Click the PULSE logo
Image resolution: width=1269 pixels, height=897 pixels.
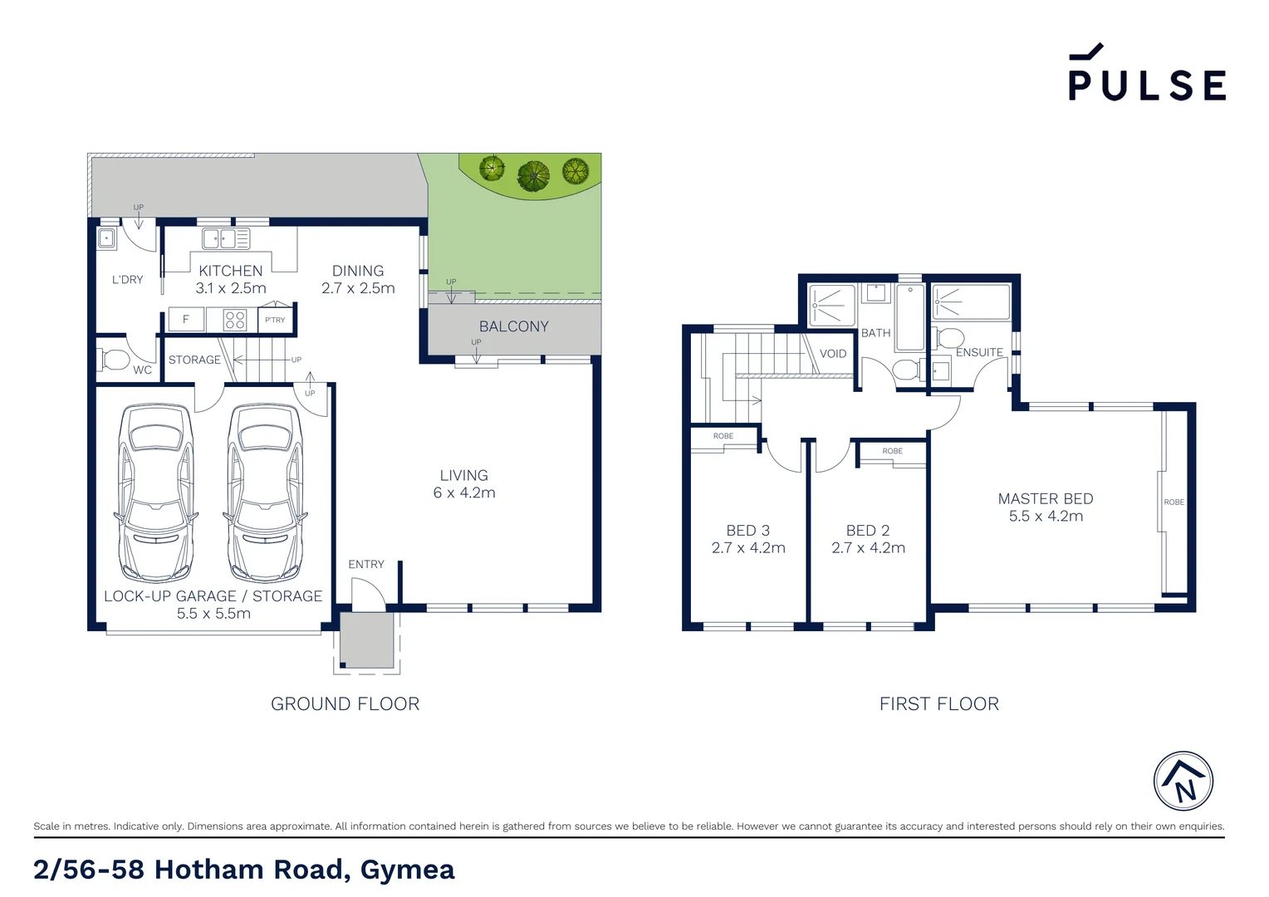pyautogui.click(x=1146, y=75)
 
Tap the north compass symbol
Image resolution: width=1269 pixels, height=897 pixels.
pyautogui.click(x=1183, y=782)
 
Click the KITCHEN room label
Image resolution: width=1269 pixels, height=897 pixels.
pyautogui.click(x=230, y=271)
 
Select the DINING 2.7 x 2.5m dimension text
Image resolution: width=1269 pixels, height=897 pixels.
pyautogui.click(x=358, y=288)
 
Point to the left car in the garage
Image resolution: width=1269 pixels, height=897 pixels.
pyautogui.click(x=156, y=493)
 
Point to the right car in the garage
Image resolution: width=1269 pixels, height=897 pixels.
pyautogui.click(x=265, y=493)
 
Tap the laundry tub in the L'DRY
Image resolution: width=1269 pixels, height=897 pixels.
pyautogui.click(x=106, y=239)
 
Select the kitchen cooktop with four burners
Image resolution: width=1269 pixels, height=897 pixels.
pyautogui.click(x=235, y=320)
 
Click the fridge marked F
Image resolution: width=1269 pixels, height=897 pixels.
pyautogui.click(x=186, y=319)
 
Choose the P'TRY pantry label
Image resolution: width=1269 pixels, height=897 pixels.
pyautogui.click(x=275, y=320)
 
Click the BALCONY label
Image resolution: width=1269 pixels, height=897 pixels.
pyautogui.click(x=513, y=326)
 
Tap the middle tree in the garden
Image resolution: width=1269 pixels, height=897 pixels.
pyautogui.click(x=533, y=175)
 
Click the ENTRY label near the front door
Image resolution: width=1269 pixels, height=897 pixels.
pyautogui.click(x=366, y=564)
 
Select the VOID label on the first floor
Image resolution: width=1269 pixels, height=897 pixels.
pyautogui.click(x=833, y=354)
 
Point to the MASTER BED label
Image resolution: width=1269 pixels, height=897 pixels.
pyautogui.click(x=1045, y=498)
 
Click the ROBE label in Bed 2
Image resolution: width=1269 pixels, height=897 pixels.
pyautogui.click(x=892, y=451)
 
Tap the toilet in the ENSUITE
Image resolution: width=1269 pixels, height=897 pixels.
pyautogui.click(x=949, y=338)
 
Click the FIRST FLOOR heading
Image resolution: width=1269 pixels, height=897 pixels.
pyautogui.click(x=938, y=703)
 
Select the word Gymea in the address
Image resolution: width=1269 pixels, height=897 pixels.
pyautogui.click(x=407, y=870)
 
